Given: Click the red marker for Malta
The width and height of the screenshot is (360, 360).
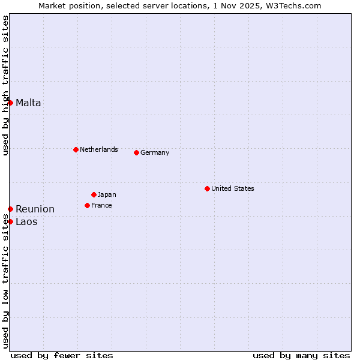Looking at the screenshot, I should (10, 103).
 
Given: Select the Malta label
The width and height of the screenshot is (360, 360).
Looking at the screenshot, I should (28, 103).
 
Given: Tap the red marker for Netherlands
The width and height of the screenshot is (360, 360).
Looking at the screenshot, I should (76, 149).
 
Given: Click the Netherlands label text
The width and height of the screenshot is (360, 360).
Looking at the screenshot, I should (99, 149).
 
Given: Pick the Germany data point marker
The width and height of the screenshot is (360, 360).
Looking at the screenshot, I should (136, 152).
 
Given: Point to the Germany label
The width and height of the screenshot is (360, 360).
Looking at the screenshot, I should (155, 152).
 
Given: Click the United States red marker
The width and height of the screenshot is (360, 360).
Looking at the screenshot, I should (207, 188).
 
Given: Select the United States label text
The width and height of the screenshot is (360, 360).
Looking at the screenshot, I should (233, 188).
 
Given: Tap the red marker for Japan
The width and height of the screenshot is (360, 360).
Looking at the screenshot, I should (94, 194).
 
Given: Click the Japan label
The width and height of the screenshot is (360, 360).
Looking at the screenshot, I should (107, 194).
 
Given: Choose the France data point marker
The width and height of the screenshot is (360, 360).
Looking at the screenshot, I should (87, 205).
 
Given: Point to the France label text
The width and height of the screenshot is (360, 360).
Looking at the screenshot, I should (101, 205).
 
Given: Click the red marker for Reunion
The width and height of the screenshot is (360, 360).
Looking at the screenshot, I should (10, 209).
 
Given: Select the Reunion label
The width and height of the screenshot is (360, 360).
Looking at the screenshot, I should (35, 209).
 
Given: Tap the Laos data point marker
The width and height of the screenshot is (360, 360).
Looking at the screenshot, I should (10, 221).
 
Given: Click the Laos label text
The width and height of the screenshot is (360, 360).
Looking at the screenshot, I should (26, 221).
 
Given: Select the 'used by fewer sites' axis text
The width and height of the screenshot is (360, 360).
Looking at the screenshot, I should (62, 355).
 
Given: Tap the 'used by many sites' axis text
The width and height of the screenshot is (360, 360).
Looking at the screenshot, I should (301, 355).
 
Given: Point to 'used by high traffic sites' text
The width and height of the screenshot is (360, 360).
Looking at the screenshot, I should (6, 85).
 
